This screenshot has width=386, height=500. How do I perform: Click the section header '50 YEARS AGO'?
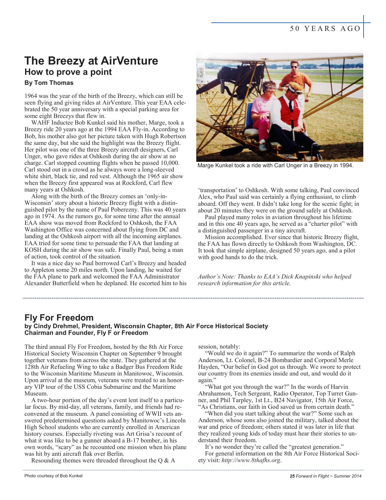point(325,29)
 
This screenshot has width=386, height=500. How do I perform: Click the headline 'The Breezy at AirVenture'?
point(91,61)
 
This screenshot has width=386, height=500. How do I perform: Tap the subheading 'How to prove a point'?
point(68,72)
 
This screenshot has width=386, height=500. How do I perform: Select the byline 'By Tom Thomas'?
point(49,83)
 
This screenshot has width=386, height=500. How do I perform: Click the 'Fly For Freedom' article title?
point(59,318)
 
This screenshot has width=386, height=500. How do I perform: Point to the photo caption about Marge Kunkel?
point(275,166)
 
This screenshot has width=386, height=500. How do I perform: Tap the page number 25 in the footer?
point(292,476)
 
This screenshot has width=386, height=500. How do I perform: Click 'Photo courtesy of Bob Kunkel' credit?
point(53,476)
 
